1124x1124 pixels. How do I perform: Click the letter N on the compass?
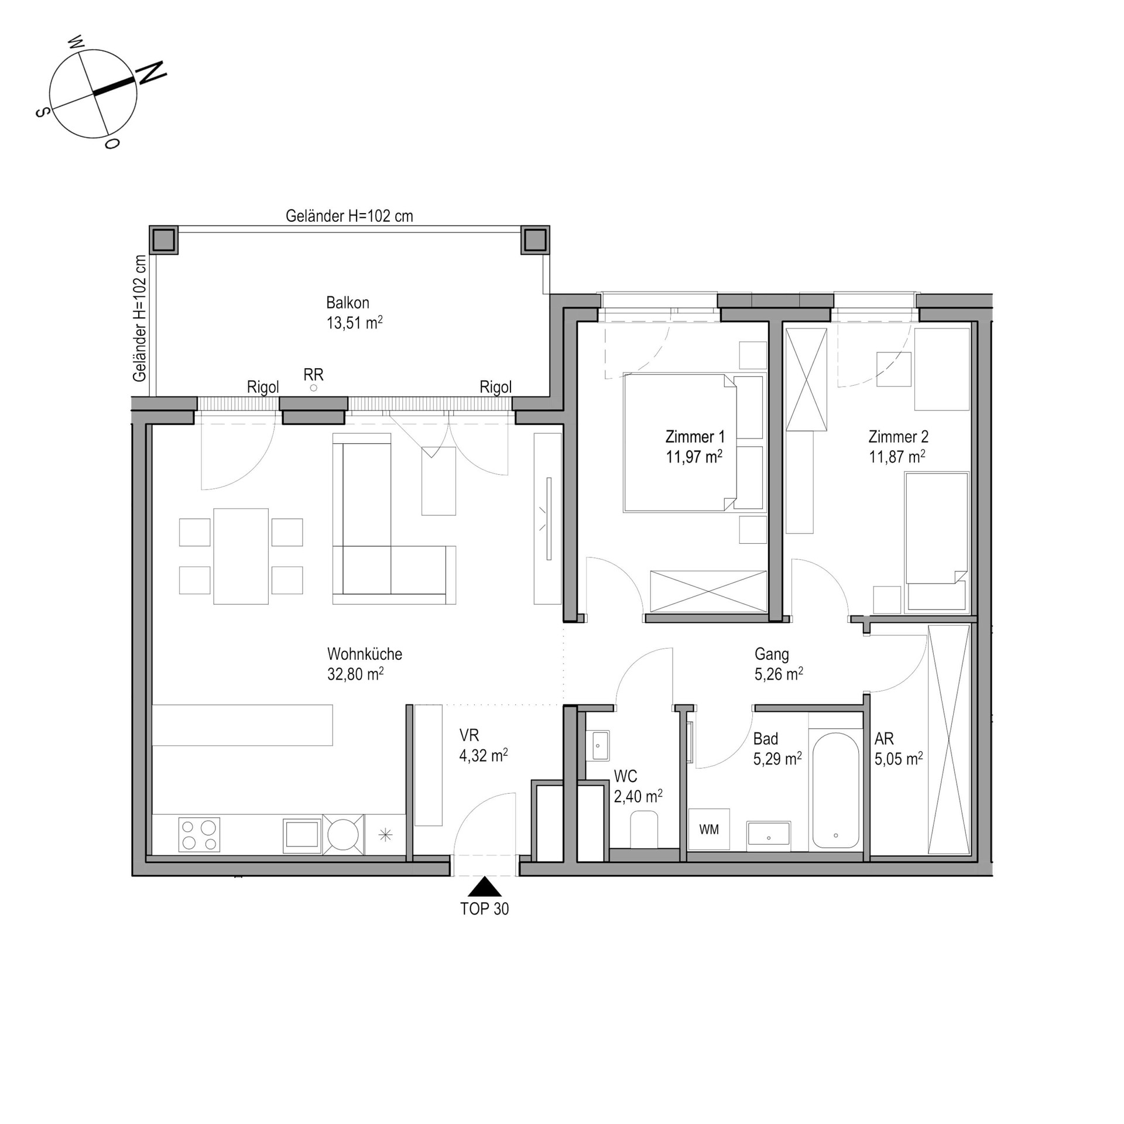pyautogui.click(x=152, y=72)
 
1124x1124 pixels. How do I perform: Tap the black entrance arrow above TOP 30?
pyautogui.click(x=485, y=887)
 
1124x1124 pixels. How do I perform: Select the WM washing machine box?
pyautogui.click(x=709, y=830)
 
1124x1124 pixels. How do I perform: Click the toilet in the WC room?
pyautogui.click(x=645, y=830)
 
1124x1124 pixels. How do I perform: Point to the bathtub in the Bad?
pyautogui.click(x=835, y=790)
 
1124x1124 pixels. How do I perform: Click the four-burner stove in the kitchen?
pyautogui.click(x=199, y=835)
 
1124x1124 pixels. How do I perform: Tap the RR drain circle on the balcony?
pyautogui.click(x=314, y=388)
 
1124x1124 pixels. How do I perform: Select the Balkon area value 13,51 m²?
pyautogui.click(x=354, y=323)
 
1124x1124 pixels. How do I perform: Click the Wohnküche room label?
pyautogui.click(x=365, y=654)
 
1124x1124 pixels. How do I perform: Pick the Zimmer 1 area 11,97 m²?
pyautogui.click(x=694, y=457)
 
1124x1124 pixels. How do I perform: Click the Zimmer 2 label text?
pyautogui.click(x=898, y=437)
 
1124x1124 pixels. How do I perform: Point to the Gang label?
pyautogui.click(x=772, y=654)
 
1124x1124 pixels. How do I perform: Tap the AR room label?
pyautogui.click(x=884, y=739)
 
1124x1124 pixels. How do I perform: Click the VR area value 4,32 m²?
pyautogui.click(x=484, y=756)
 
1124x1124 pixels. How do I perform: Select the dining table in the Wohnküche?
pyautogui.click(x=241, y=556)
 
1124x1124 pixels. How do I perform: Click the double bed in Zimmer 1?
pyautogui.click(x=679, y=443)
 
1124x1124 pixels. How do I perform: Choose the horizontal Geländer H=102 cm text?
pyautogui.click(x=349, y=216)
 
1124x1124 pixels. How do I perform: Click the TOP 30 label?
pyautogui.click(x=485, y=909)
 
